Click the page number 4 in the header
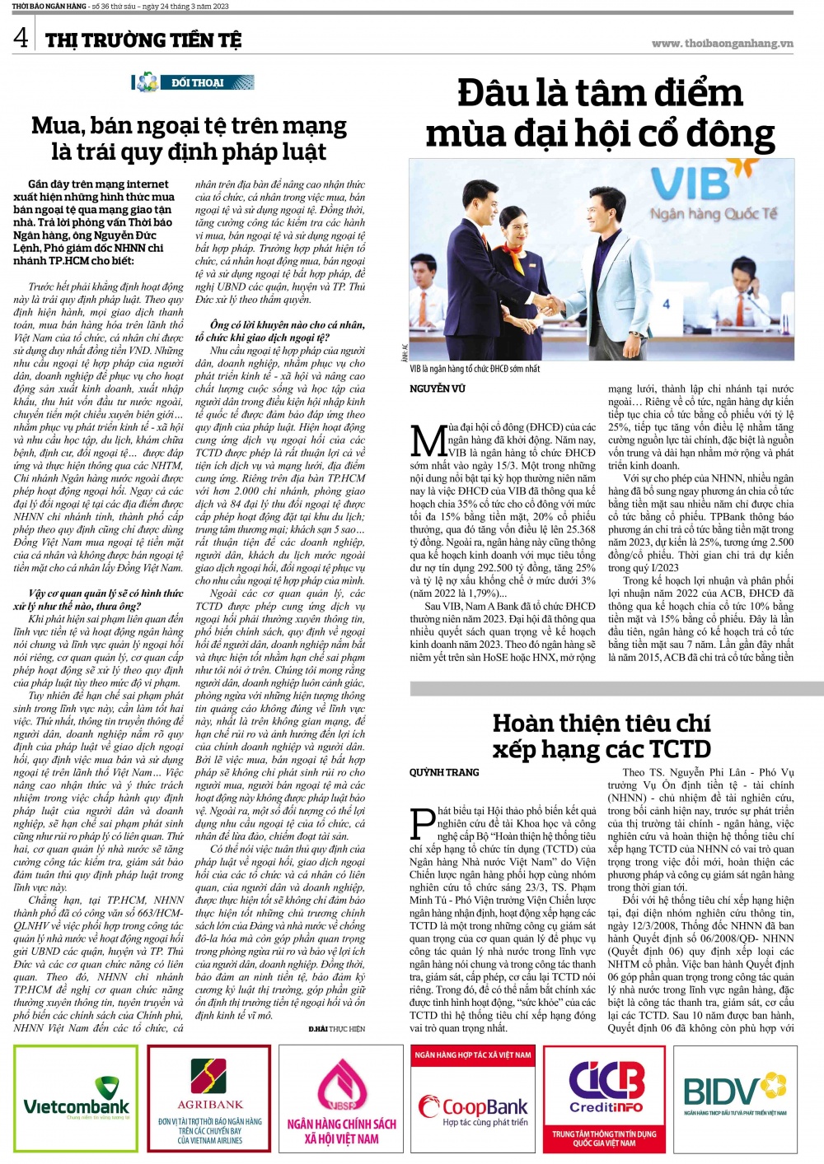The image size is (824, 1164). click(20, 37)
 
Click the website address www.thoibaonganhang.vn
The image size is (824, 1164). click(722, 44)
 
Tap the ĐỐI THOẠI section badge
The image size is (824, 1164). click(189, 82)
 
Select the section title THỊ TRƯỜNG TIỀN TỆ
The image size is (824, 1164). click(143, 40)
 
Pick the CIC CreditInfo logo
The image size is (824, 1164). click(606, 1087)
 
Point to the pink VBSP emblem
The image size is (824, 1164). click(342, 1087)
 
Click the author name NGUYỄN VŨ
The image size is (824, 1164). click(438, 389)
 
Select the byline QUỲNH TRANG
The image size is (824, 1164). click(444, 772)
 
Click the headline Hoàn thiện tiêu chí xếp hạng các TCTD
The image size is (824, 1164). click(602, 736)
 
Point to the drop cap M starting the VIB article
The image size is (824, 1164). click(428, 441)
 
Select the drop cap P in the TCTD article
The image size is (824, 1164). click(423, 824)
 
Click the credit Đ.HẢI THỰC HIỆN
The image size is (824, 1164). click(336, 1030)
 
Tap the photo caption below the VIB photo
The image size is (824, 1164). click(475, 369)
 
